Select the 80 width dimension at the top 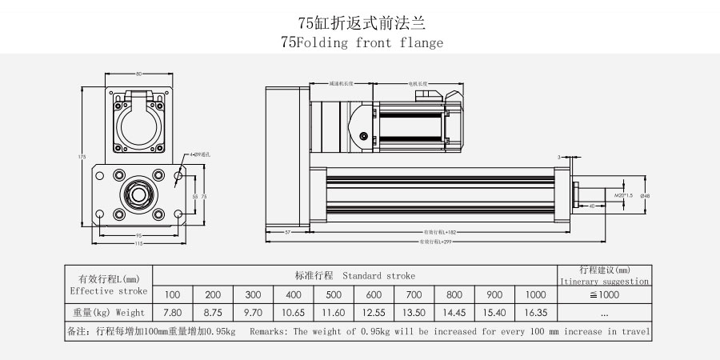(138, 73)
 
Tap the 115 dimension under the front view (138, 243)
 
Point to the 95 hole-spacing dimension (138, 235)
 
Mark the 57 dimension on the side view (288, 232)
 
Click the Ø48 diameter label (645, 194)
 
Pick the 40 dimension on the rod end (591, 206)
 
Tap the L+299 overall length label (434, 241)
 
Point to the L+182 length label (434, 232)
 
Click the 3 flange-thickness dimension (559, 157)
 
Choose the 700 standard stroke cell (414, 294)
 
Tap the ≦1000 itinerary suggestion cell (604, 294)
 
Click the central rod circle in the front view (138, 194)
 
